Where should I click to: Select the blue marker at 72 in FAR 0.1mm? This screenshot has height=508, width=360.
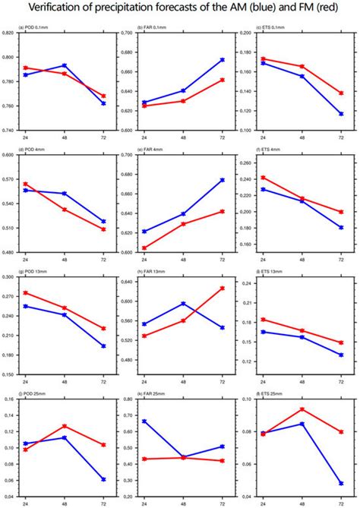tap(222, 59)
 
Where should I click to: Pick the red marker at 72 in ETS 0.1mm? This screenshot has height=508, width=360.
tap(340, 93)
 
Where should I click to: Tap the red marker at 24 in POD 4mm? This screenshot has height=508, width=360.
tap(25, 184)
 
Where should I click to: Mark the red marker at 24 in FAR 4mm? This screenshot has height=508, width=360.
tap(144, 248)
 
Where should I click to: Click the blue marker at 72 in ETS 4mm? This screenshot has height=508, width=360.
tap(340, 227)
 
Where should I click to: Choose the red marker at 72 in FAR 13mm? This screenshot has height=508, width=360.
tap(222, 289)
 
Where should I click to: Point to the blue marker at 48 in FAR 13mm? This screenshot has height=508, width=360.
tap(183, 304)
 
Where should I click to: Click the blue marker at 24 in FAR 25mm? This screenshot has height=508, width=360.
tap(144, 421)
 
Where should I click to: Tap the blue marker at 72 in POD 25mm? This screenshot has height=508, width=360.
tap(103, 479)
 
